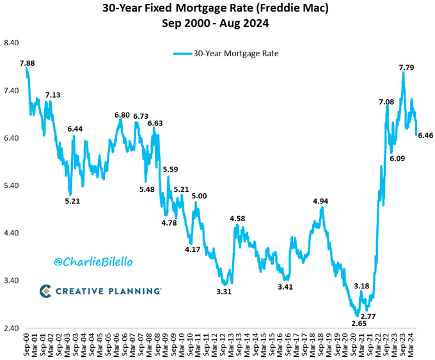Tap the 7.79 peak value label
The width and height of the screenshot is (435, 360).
point(406,67)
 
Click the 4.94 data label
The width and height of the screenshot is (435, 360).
point(320,201)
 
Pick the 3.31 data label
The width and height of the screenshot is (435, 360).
point(224,292)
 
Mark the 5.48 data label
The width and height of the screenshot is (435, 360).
point(146,189)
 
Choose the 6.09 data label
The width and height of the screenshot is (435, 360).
point(397,159)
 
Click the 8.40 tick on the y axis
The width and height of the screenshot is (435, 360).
point(13,43)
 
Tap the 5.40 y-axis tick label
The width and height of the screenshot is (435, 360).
point(13,186)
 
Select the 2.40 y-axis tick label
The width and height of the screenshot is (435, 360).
point(13,328)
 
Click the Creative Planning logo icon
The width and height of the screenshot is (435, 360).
point(46,291)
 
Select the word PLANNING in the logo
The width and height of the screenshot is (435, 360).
point(132,291)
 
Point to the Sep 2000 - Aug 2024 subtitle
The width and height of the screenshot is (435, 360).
point(217,24)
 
